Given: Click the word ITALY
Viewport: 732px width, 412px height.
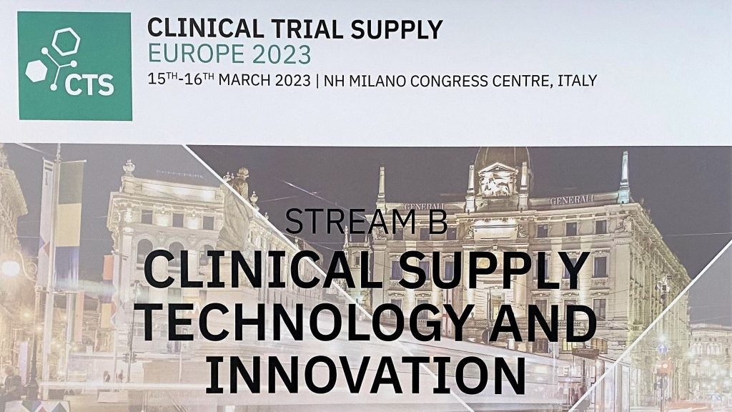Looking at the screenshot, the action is click(x=578, y=80).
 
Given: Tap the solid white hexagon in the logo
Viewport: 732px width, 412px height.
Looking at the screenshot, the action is click(x=36, y=71).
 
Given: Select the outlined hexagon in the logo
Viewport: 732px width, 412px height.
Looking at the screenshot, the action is click(x=66, y=41).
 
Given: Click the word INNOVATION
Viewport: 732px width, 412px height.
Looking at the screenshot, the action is click(x=365, y=375).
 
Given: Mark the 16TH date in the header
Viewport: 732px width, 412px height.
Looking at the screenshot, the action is click(x=200, y=79).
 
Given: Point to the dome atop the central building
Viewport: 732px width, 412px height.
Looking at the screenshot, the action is click(x=502, y=158).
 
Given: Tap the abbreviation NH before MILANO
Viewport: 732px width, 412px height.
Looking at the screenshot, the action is click(x=335, y=80).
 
